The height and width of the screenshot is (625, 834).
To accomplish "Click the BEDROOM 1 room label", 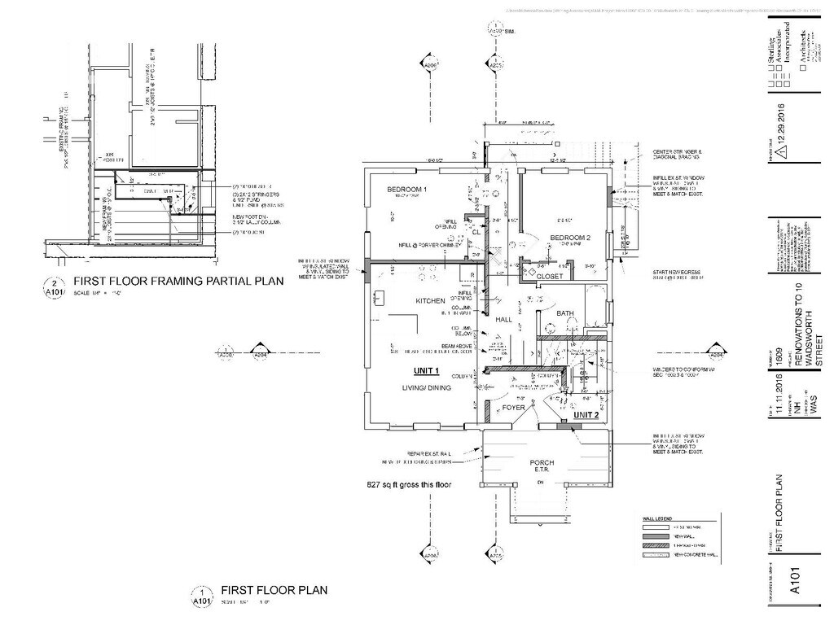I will click(x=407, y=190).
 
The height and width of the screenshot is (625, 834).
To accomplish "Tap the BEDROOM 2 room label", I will click(x=569, y=238).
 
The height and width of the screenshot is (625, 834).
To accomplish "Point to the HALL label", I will click(x=503, y=320).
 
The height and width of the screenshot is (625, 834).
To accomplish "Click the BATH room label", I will click(x=565, y=313).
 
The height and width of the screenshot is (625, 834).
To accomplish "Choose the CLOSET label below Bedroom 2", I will click(x=550, y=277).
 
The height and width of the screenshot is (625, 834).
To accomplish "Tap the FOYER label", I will click(x=514, y=407).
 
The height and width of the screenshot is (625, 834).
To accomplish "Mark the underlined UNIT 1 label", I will click(x=426, y=371).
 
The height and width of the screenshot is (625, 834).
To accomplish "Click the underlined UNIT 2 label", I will click(x=586, y=415).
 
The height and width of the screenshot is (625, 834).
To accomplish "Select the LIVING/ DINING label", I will click(x=426, y=388).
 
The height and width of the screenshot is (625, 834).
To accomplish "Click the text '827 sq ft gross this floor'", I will click(x=409, y=485).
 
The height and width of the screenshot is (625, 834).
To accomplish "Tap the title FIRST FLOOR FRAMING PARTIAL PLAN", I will click(x=178, y=282).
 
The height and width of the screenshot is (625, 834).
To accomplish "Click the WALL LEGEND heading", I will click(x=651, y=517).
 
